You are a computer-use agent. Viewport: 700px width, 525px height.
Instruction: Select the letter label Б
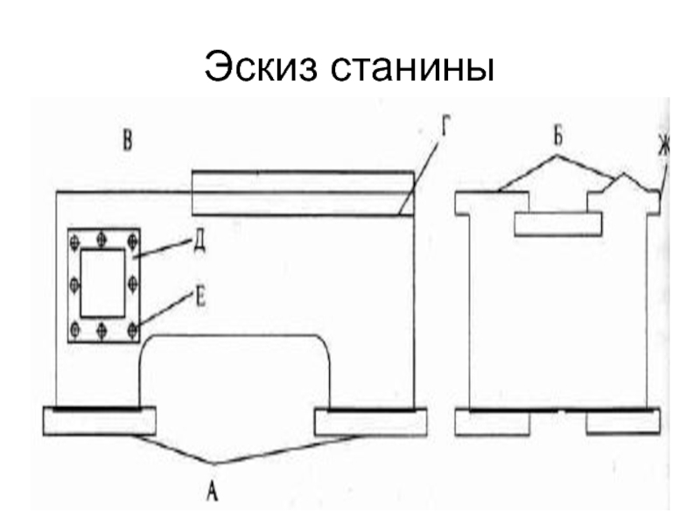556,137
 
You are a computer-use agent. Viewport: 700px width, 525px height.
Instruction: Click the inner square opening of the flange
102,282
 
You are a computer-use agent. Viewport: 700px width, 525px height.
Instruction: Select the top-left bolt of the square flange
75,238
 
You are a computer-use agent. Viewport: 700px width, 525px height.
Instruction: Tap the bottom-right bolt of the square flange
133,329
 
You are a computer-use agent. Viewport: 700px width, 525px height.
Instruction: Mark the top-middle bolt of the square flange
103,237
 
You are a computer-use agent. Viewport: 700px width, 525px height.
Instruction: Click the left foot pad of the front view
99,421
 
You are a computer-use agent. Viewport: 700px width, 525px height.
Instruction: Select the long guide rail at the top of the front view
303,192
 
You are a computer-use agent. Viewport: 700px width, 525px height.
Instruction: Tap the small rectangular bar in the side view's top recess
557,223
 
